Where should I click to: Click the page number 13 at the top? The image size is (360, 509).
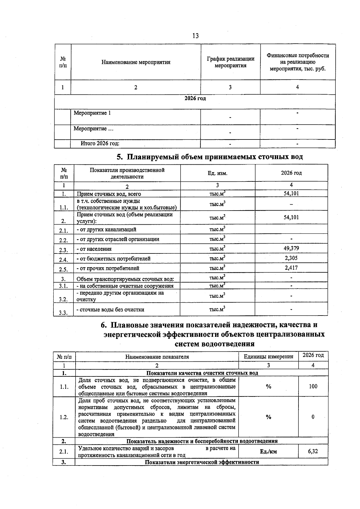pyautogui.click(x=195, y=36)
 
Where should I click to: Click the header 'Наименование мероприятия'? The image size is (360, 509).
pyautogui.click(x=136, y=62)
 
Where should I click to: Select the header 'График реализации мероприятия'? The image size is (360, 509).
pyautogui.click(x=230, y=62)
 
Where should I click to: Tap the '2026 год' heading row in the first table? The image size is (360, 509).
pyautogui.click(x=195, y=98)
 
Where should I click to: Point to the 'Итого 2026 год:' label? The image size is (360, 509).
pyautogui.click(x=100, y=144)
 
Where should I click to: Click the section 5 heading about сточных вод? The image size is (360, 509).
pyautogui.click(x=209, y=157)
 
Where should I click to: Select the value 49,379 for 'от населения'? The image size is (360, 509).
pyautogui.click(x=291, y=248)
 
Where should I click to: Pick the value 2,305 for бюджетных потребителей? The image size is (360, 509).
pyautogui.click(x=291, y=258)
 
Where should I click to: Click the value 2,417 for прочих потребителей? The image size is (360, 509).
pyautogui.click(x=291, y=268)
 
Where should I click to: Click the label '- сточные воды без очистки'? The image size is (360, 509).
pyautogui.click(x=110, y=310)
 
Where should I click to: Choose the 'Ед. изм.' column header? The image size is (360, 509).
pyautogui.click(x=217, y=173)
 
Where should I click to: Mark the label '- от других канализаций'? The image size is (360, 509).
pyautogui.click(x=106, y=229)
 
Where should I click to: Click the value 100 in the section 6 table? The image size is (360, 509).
pyautogui.click(x=313, y=386)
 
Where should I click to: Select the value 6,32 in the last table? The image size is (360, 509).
pyautogui.click(x=313, y=451)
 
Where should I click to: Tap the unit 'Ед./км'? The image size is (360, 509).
pyautogui.click(x=268, y=452)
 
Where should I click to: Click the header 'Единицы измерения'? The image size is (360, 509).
pyautogui.click(x=268, y=357)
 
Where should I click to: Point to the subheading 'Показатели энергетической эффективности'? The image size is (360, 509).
pyautogui.click(x=202, y=462)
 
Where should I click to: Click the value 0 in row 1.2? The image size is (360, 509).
pyautogui.click(x=313, y=417)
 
